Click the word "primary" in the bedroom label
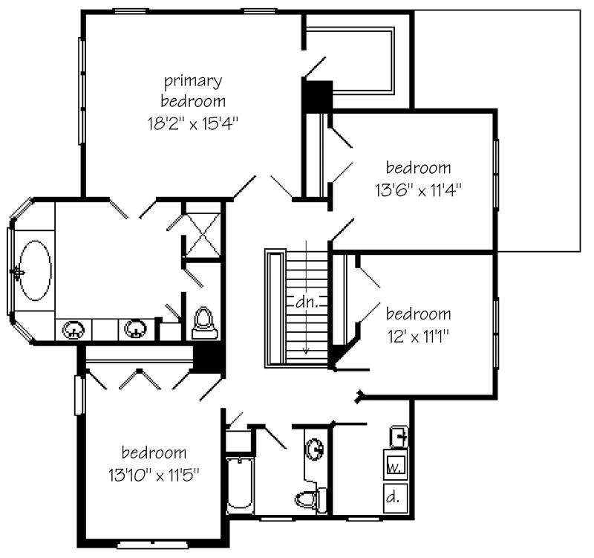point(193,82)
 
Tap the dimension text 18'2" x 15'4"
point(193,123)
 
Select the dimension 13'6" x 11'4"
point(418,189)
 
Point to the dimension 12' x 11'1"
point(418,336)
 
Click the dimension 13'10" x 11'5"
point(154,475)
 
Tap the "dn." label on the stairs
point(305,302)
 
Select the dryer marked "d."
point(396,498)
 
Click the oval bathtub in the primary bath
point(35,270)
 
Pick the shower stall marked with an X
point(203,235)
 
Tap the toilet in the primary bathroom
point(205,323)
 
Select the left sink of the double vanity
point(74,330)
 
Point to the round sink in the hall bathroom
point(314,450)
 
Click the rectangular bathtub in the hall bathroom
point(240,485)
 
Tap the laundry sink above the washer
point(399,437)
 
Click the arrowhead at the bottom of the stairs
point(306,351)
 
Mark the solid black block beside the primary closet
point(317,96)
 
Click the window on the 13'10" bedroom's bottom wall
point(153,545)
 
